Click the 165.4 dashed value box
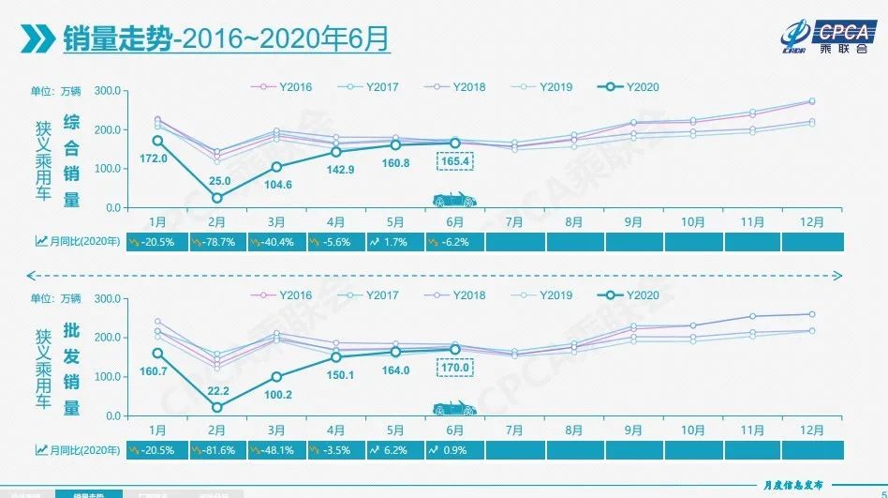point(454,161)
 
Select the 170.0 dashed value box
point(454,369)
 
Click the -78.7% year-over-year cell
point(219,241)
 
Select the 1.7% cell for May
point(395,241)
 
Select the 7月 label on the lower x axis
point(513,430)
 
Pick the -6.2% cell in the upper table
point(454,241)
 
